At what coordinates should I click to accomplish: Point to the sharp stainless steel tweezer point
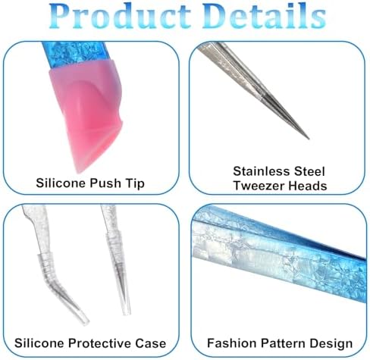pyautogui.click(x=308, y=138)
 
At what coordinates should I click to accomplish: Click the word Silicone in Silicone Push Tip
pyautogui.click(x=61, y=183)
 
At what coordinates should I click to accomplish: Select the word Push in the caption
pyautogui.click(x=105, y=183)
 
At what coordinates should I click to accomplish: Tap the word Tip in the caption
pyautogui.click(x=134, y=183)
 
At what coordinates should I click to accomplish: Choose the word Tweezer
pyautogui.click(x=259, y=186)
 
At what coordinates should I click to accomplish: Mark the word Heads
pyautogui.click(x=308, y=186)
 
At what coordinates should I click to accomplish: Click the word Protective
pyautogui.click(x=100, y=343)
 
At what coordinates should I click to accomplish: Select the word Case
pyautogui.click(x=150, y=343)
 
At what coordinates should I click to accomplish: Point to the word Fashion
pyautogui.click(x=232, y=343)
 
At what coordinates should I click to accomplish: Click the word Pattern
pyautogui.click(x=283, y=343)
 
